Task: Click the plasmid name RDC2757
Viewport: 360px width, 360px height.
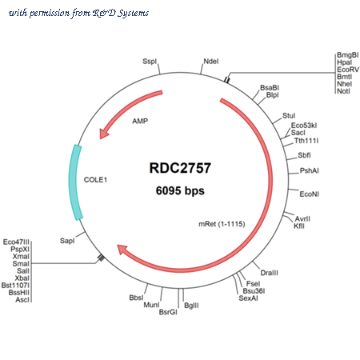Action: (x=180, y=168)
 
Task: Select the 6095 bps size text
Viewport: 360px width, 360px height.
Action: (x=180, y=190)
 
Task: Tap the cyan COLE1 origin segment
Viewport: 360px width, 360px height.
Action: (x=75, y=182)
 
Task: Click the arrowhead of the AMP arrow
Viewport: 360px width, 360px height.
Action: (x=104, y=134)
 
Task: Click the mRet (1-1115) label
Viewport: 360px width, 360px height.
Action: (x=222, y=224)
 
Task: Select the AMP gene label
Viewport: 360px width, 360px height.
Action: (x=140, y=121)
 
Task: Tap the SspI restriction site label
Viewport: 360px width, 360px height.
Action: (x=150, y=62)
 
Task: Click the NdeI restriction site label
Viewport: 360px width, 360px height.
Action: (x=211, y=62)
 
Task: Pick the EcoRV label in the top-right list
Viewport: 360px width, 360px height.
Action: (x=348, y=70)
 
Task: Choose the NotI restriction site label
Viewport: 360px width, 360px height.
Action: (x=343, y=91)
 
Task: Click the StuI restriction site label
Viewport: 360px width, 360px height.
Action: (x=289, y=116)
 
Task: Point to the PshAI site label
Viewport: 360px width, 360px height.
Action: (x=310, y=170)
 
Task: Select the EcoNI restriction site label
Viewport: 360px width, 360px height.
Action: (x=310, y=194)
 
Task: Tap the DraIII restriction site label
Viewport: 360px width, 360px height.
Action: (x=269, y=273)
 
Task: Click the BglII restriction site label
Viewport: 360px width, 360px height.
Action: (x=191, y=306)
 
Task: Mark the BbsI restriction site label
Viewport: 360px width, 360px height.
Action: (x=136, y=298)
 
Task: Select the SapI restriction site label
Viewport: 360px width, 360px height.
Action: (x=67, y=241)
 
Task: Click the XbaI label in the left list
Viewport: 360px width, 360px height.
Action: (x=22, y=278)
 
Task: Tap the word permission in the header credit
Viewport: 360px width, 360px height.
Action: (x=50, y=13)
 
